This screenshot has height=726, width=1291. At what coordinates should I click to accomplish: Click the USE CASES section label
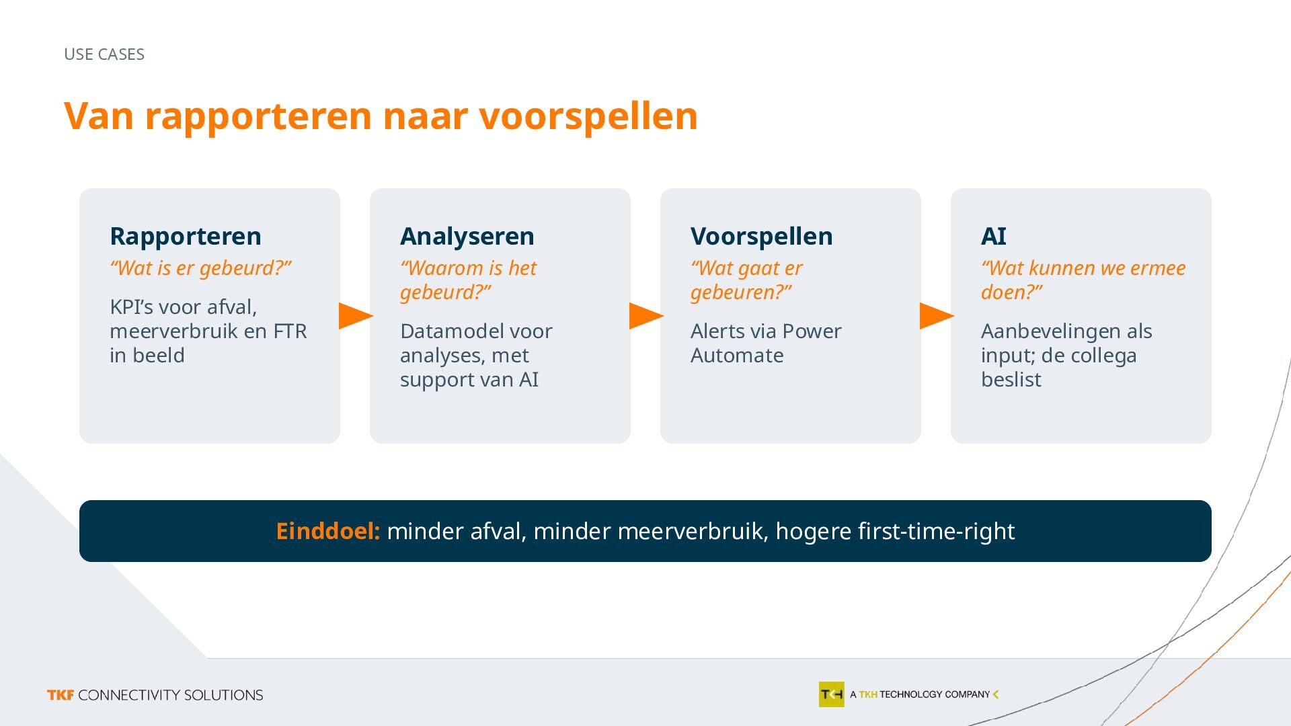104,54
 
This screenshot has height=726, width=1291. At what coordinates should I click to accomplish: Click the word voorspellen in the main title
588,117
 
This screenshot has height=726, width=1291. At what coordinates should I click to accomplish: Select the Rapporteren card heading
186,236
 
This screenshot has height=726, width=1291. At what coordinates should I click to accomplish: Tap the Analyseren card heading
467,236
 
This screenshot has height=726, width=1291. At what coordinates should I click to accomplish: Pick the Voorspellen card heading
762,236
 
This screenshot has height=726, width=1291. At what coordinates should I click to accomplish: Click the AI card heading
994,236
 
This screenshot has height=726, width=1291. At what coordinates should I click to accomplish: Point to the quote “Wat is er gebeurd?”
200,268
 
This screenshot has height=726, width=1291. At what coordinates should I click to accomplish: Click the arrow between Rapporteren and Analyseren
356,316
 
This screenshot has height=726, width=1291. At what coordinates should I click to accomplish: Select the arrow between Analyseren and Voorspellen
646,316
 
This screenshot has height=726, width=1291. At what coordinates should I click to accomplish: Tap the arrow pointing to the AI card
937,316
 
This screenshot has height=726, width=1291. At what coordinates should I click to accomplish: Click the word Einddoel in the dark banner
328,531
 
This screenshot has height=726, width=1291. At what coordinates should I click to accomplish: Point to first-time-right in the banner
937,531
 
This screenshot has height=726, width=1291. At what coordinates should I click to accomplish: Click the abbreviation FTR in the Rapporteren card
290,331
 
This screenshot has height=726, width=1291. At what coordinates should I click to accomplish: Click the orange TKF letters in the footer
61,695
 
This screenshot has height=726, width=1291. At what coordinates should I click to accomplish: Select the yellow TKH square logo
831,694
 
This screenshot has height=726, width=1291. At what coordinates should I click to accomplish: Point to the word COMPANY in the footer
968,694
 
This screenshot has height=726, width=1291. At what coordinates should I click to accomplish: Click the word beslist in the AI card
1011,379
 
